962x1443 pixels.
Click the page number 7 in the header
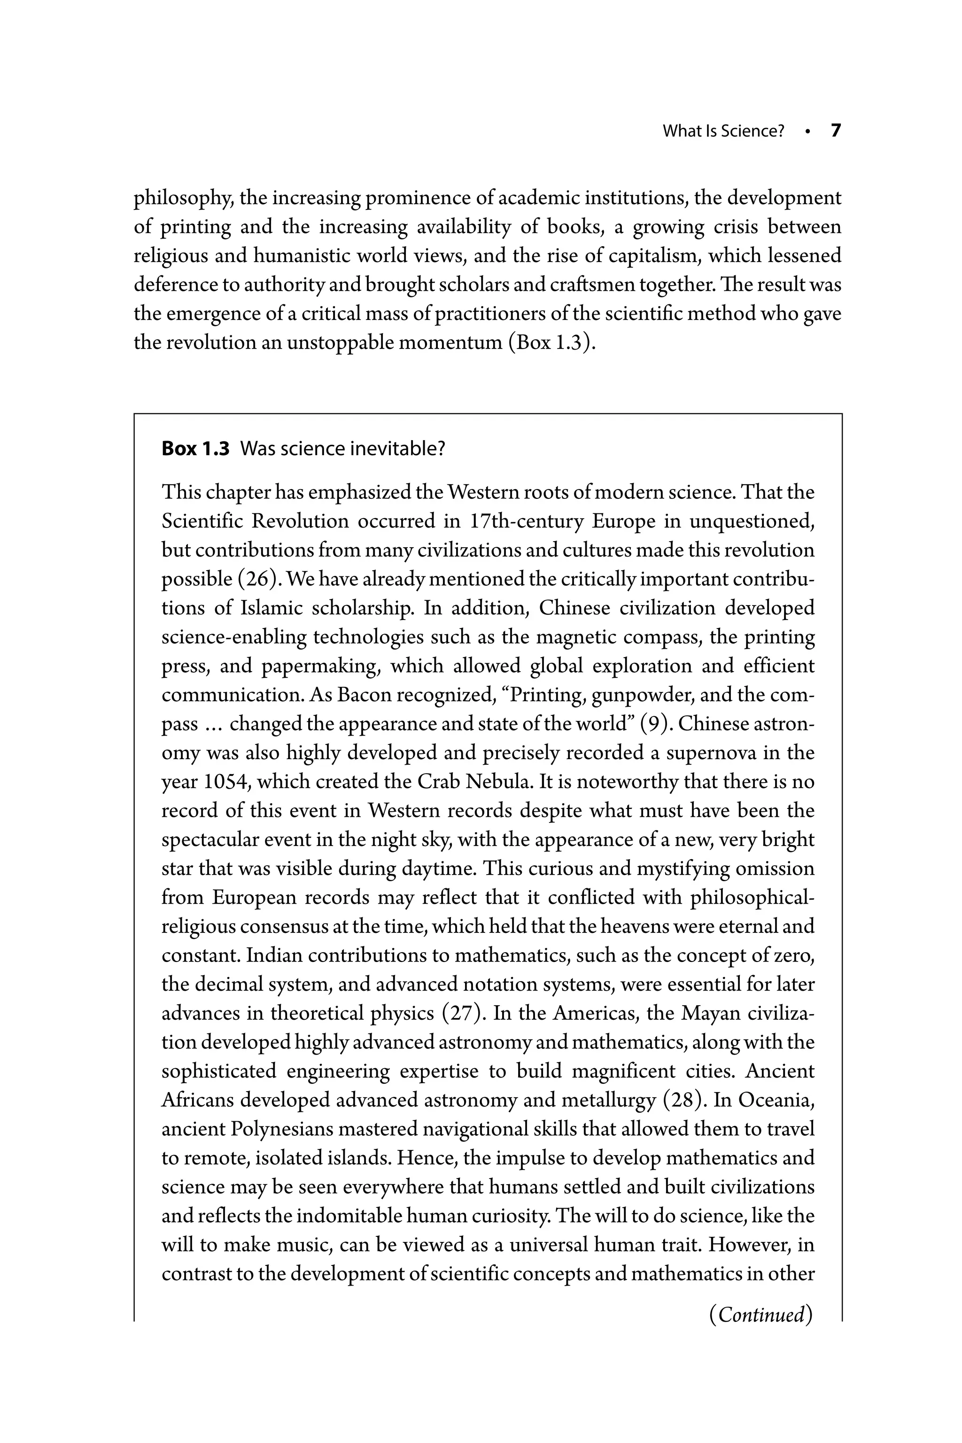click(836, 131)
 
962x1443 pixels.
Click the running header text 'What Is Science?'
click(723, 132)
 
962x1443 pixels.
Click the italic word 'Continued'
click(761, 1314)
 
